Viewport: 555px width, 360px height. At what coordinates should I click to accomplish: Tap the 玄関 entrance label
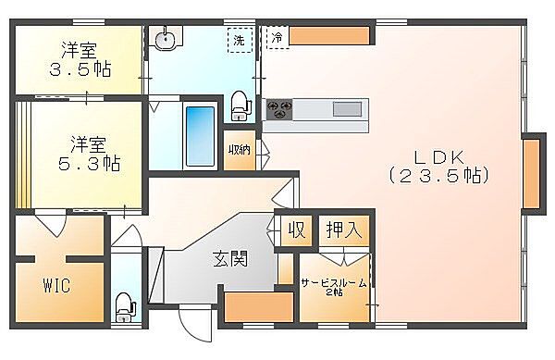point(229,259)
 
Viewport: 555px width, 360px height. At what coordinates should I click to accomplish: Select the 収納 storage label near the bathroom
point(239,151)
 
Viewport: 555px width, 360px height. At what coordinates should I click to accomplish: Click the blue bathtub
point(200,136)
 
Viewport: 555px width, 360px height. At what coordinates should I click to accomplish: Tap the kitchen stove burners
point(277,109)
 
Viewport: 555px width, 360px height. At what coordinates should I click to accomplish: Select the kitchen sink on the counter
point(347,109)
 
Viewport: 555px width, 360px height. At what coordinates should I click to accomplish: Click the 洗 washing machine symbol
point(240,40)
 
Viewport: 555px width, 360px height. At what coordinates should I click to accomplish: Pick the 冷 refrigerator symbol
point(277,37)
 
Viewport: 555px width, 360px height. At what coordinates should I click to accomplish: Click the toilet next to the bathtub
point(240,104)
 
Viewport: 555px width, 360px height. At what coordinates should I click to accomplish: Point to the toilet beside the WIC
point(124,305)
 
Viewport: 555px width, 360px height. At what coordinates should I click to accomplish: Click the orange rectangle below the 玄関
point(247,306)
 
